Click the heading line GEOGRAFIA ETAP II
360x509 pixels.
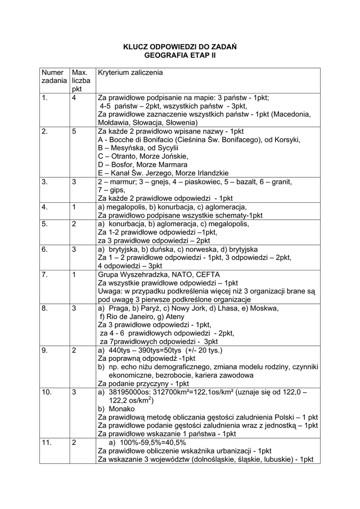point(180,56)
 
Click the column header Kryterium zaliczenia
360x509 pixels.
point(130,73)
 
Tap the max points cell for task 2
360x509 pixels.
point(74,132)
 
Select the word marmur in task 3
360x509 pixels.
point(120,181)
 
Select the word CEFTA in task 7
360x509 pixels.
point(208,274)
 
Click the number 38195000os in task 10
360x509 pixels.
point(130,392)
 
